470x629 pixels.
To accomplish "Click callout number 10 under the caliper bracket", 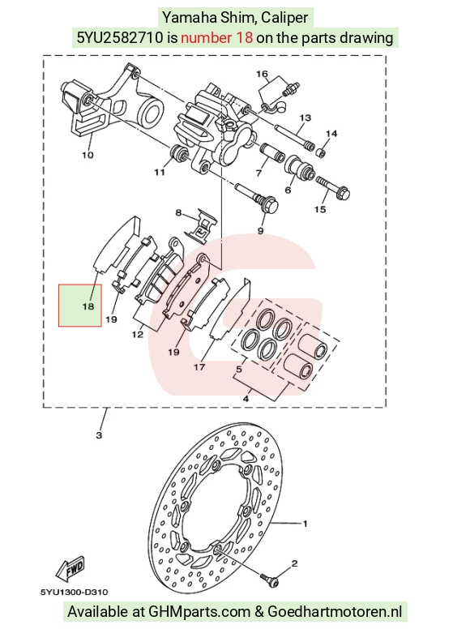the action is tap(88, 155).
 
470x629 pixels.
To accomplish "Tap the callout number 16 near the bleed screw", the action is tap(262, 74).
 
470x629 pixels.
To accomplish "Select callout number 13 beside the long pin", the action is tap(305, 118).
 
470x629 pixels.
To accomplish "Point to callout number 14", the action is tap(331, 134).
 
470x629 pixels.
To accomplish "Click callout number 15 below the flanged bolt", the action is tap(320, 209).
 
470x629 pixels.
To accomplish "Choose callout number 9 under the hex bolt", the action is tap(261, 231).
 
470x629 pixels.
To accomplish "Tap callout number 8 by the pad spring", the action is tap(178, 212).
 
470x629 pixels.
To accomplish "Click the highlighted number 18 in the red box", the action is tap(88, 306).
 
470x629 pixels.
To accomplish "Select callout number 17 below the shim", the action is tap(199, 366).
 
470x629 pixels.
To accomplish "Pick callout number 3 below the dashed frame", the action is tap(99, 435).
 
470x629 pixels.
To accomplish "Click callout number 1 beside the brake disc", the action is tap(305, 524).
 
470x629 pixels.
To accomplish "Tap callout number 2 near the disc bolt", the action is tap(294, 563).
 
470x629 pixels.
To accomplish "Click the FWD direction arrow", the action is tap(70, 569).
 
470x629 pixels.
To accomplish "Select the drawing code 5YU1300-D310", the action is tap(75, 592).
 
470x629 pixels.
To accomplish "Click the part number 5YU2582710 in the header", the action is tap(120, 38).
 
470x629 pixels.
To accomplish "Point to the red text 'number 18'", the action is tap(216, 38).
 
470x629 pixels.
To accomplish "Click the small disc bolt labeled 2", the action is tap(270, 579).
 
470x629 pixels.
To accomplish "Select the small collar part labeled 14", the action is tap(319, 153).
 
